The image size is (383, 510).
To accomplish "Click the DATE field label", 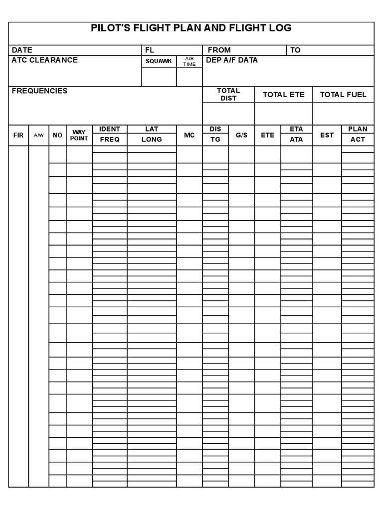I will point(22,50).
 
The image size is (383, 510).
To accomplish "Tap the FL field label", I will point(150,50).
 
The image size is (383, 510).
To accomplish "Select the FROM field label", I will point(219,50).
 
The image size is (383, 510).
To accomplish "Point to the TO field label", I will point(296,50).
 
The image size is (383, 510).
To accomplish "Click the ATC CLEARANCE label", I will point(44,60).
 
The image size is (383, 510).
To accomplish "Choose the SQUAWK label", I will point(159,61).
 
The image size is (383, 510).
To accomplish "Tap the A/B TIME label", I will point(189,61).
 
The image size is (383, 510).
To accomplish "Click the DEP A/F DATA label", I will point(232,60).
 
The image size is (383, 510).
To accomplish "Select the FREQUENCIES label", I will point(39,91).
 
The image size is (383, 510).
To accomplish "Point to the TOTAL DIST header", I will point(228,95).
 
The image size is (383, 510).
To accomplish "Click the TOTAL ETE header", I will point(283,95).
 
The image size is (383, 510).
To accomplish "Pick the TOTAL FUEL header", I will point(343,95).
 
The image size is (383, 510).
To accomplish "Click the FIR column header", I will point(18,135).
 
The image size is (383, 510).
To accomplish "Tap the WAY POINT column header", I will point(79,135).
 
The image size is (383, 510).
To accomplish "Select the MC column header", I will point(190,135).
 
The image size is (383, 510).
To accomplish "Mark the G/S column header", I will point(241,135).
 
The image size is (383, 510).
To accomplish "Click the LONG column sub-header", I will point(152,139).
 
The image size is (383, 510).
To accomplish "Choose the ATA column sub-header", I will point(296,139).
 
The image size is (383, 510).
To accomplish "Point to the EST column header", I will point(327,135).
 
